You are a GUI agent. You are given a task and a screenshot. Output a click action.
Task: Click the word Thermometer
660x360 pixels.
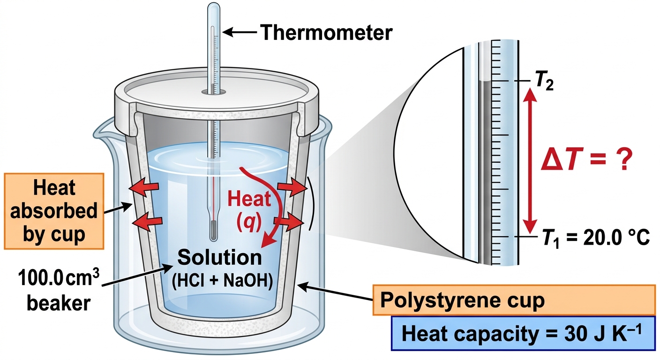tap(327, 32)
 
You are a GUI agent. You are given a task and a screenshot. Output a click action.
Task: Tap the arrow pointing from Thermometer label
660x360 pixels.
tap(239, 32)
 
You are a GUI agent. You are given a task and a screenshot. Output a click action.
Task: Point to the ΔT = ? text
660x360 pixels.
tap(586, 159)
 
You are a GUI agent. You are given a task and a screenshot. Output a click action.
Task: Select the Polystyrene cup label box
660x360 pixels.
tap(514, 300)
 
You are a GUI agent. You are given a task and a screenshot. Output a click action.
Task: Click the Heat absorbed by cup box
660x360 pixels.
tap(54, 211)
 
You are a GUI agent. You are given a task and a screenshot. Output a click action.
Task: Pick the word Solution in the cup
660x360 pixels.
tap(219, 257)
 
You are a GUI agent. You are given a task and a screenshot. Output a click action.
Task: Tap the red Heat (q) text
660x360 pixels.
tap(249, 210)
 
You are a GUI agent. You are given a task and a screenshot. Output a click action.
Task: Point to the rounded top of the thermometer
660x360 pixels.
tap(214, 7)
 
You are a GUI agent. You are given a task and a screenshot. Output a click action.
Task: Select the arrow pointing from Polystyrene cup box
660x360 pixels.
tap(336, 292)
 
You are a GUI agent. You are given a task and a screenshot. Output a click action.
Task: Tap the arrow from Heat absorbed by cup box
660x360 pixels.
tap(118, 208)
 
